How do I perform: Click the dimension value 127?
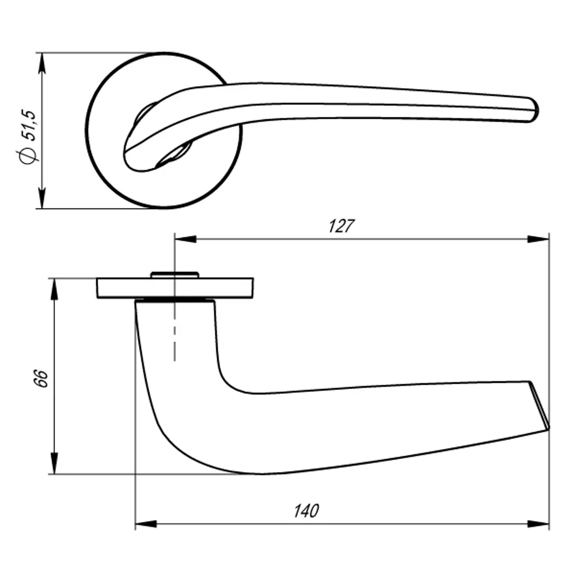340,226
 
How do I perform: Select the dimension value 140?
306,511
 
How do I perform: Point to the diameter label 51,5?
30,124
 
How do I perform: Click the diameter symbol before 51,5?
28,156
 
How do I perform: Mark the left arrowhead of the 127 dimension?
185,239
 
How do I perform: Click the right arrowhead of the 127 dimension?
539,239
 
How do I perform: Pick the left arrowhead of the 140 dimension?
146,524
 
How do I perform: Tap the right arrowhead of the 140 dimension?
539,524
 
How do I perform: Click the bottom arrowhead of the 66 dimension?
54,464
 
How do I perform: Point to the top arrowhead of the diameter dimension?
41,63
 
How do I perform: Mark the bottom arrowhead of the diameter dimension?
41,198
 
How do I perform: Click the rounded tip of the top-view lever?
533,109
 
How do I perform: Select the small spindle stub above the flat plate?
174,275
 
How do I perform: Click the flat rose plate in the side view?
230,288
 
